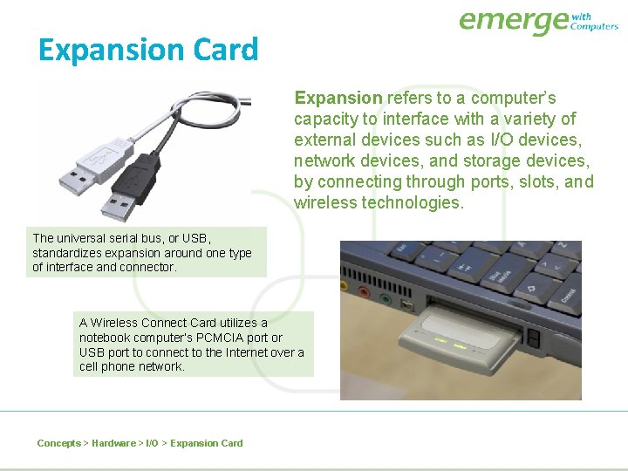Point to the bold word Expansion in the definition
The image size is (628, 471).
tap(338, 98)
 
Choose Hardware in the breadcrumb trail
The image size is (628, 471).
tap(113, 443)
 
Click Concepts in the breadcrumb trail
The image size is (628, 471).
tap(58, 443)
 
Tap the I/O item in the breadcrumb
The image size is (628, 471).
tap(152, 443)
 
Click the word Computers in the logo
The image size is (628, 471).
tap(594, 26)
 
